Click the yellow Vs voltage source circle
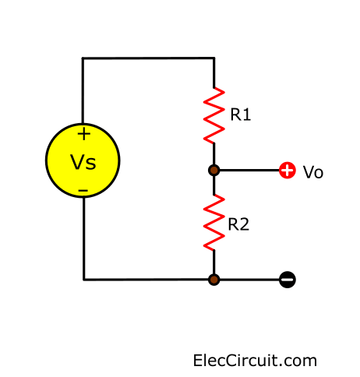pyautogui.click(x=83, y=160)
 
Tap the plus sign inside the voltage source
pyautogui.click(x=84, y=134)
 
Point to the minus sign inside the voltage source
pyautogui.click(x=83, y=191)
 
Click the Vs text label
pyautogui.click(x=83, y=162)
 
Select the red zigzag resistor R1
pyautogui.click(x=214, y=115)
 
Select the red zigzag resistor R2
pyautogui.click(x=214, y=223)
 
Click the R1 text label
pyautogui.click(x=241, y=115)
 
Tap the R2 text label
pyautogui.click(x=238, y=224)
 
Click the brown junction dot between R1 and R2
pyautogui.click(x=214, y=171)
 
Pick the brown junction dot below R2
pyautogui.click(x=214, y=280)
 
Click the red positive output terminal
pyautogui.click(x=288, y=171)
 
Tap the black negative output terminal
pyautogui.click(x=288, y=280)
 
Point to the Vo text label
pyautogui.click(x=313, y=172)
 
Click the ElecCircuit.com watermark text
pyautogui.click(x=255, y=361)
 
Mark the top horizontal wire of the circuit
pyautogui.click(x=148, y=58)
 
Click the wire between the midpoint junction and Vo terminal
pyautogui.click(x=249, y=171)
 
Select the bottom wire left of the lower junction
pyautogui.click(x=146, y=280)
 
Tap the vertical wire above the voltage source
pyautogui.click(x=83, y=90)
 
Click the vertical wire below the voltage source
pyautogui.click(x=84, y=239)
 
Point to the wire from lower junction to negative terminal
pyautogui.click(x=249, y=280)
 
